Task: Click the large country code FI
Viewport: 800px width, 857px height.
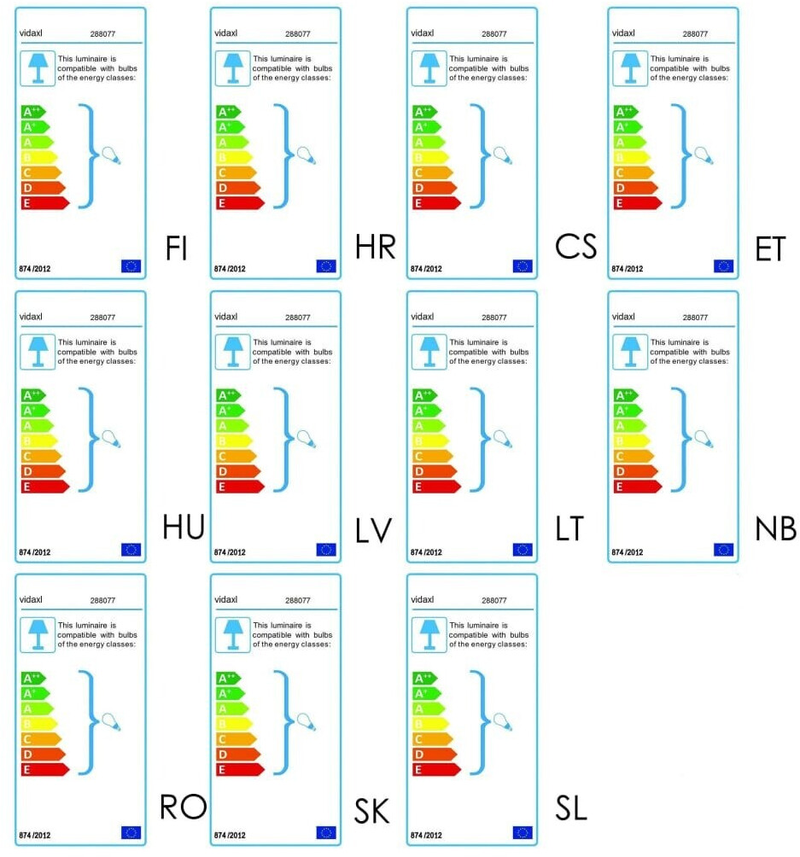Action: click(x=177, y=248)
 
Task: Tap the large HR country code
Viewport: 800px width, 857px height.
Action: click(x=376, y=248)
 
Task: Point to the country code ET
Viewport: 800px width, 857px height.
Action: click(x=775, y=248)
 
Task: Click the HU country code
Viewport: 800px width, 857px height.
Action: click(x=184, y=528)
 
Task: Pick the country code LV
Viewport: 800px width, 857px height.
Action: click(x=374, y=530)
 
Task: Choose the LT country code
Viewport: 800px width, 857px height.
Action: click(x=569, y=528)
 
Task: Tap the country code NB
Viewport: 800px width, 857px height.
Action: click(x=775, y=529)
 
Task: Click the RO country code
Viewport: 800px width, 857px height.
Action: click(x=184, y=806)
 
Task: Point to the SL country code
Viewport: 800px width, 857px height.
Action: click(x=570, y=807)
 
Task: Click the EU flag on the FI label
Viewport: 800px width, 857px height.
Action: click(x=131, y=265)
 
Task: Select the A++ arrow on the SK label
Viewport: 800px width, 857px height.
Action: click(x=228, y=678)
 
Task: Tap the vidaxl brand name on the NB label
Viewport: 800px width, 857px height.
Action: click(x=624, y=317)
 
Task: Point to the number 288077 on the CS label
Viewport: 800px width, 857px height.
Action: click(x=494, y=34)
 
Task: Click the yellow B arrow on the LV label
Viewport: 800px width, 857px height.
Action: click(x=233, y=440)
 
